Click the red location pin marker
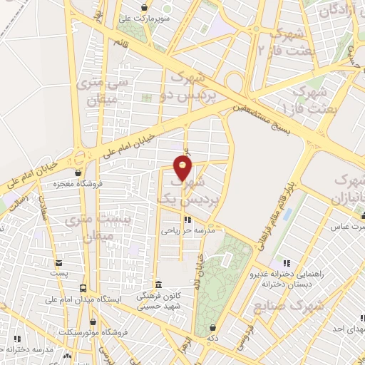point(183,168)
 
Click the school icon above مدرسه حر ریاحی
point(187,220)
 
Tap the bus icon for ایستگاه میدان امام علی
point(84,289)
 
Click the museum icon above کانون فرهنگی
point(158,284)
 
